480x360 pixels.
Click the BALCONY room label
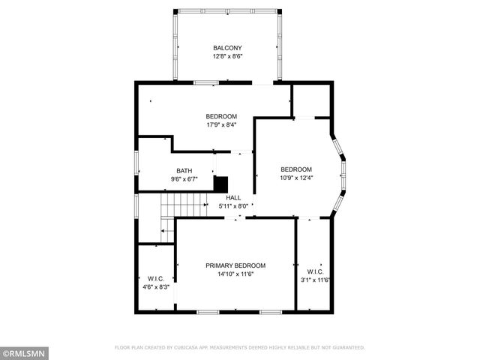(228, 47)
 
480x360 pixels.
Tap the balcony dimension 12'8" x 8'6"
(228, 56)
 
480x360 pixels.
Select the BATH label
(184, 170)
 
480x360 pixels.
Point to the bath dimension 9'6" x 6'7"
(184, 179)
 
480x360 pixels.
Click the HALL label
(233, 197)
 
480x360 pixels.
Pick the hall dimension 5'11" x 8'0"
(233, 206)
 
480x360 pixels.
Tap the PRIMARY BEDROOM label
(236, 265)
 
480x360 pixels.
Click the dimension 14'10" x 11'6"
(236, 274)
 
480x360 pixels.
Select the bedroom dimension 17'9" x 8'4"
(222, 125)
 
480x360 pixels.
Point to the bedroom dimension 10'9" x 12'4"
(296, 178)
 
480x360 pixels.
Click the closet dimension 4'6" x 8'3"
(156, 286)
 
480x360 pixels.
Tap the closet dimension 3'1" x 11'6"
(314, 280)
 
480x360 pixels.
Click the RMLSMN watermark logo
(25, 351)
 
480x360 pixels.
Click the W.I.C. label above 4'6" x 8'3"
(156, 278)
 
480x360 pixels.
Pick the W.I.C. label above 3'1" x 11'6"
(314, 271)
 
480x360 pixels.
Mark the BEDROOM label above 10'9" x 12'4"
(296, 169)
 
